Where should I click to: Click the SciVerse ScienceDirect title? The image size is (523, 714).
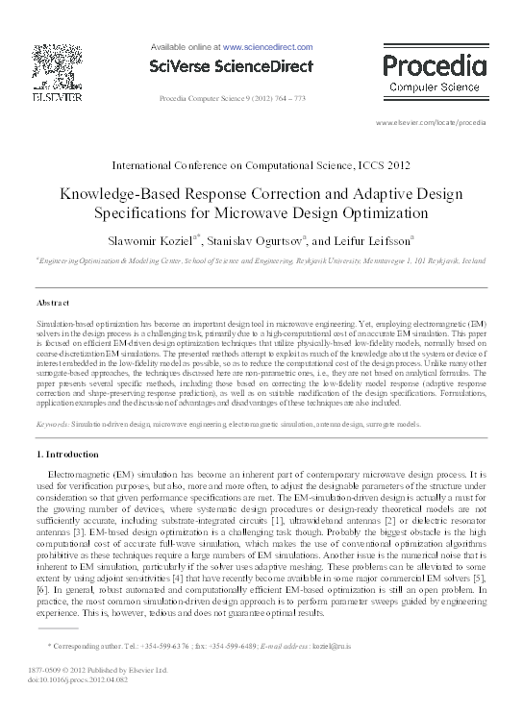(x=231, y=66)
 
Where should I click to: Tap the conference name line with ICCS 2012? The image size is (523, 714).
(x=261, y=166)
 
